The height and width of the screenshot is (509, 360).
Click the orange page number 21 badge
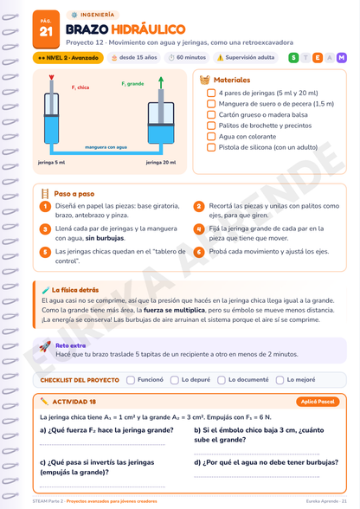pos(46,29)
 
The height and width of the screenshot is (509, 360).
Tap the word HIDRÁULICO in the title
pos(148,29)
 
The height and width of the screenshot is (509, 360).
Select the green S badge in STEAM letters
pos(293,58)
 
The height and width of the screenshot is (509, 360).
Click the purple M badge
pos(342,58)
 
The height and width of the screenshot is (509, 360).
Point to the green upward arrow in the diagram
pos(161,83)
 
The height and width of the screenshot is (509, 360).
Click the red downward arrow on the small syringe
pos(51,78)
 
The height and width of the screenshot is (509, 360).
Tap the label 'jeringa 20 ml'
pos(161,163)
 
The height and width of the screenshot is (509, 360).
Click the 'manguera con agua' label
pos(106,147)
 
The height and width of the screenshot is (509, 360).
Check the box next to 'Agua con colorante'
pos(211,137)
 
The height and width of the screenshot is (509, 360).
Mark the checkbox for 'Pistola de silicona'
pos(211,147)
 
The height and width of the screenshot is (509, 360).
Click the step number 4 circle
pos(199,229)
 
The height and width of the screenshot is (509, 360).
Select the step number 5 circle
pos(45,252)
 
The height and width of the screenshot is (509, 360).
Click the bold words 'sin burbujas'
pos(105,238)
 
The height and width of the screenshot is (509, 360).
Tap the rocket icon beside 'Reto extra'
pos(45,346)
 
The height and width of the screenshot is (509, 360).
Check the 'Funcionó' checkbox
pos(131,380)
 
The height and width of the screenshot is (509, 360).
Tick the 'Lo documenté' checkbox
pos(222,380)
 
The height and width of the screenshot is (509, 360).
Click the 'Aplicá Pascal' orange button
pos(318,402)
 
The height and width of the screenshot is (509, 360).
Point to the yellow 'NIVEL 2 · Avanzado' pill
pos(68,58)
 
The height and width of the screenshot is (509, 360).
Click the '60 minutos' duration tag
pos(187,58)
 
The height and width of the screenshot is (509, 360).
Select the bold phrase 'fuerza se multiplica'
pos(174,310)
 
